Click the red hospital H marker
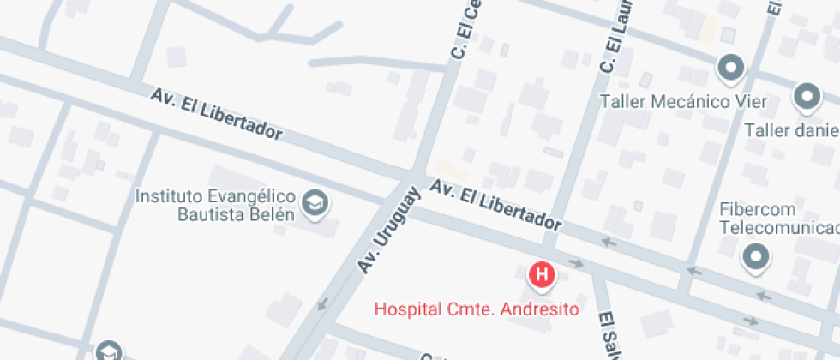pos(542,275)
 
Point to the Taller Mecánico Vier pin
pos(730,68)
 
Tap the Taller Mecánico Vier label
pos(683,102)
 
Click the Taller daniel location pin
pos(807,97)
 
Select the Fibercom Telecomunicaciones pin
pos(756,256)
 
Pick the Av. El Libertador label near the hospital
pos(496,206)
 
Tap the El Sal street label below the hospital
pos(608,334)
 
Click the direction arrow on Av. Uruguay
pos(323,303)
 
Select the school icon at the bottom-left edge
pos(108,351)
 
